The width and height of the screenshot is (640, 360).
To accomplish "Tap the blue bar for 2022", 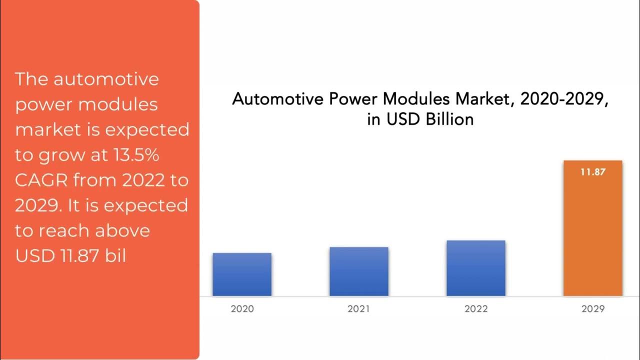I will (476, 268).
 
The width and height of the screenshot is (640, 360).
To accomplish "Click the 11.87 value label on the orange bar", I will (593, 172).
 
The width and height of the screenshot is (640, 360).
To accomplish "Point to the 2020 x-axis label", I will (242, 308).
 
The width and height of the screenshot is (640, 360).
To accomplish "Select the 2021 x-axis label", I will (359, 308).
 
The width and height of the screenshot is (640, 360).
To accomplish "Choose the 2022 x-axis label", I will (476, 308).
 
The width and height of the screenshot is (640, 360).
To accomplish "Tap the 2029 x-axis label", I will (593, 308).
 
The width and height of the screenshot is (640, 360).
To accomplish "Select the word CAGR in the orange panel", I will (42, 180).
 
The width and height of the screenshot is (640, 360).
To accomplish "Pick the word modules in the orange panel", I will (118, 104).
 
